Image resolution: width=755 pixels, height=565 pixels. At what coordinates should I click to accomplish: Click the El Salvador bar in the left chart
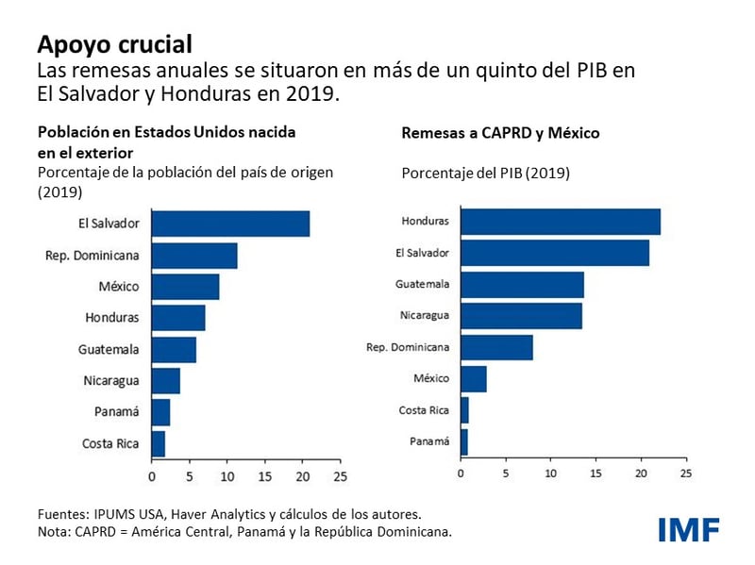[230, 224]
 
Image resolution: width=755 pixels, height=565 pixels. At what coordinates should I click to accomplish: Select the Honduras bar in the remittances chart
[561, 222]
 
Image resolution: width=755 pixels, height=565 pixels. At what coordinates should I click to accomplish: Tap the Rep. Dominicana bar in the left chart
[194, 256]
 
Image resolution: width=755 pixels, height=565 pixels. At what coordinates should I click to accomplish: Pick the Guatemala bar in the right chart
[522, 284]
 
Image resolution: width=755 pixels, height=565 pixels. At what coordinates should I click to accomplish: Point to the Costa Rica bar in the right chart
[464, 410]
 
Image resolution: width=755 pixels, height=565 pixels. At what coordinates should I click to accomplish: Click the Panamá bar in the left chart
[160, 412]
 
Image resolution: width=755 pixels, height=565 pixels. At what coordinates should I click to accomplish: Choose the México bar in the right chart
[474, 378]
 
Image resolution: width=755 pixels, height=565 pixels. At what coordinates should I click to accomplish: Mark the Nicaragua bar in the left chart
[165, 381]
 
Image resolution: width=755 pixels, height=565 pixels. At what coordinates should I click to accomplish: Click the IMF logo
[688, 528]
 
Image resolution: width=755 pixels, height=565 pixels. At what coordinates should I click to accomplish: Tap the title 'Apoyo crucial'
[114, 43]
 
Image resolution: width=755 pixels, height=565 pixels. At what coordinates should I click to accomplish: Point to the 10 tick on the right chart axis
[551, 473]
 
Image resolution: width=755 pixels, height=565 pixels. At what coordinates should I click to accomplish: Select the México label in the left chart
[118, 287]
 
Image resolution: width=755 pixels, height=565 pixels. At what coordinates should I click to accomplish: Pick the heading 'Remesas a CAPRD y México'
[500, 134]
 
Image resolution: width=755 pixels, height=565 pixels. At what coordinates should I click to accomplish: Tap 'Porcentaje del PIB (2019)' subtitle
[485, 174]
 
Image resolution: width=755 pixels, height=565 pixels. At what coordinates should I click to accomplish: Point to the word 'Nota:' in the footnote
[55, 532]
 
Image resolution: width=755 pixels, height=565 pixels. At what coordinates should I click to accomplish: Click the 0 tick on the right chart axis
[461, 473]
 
